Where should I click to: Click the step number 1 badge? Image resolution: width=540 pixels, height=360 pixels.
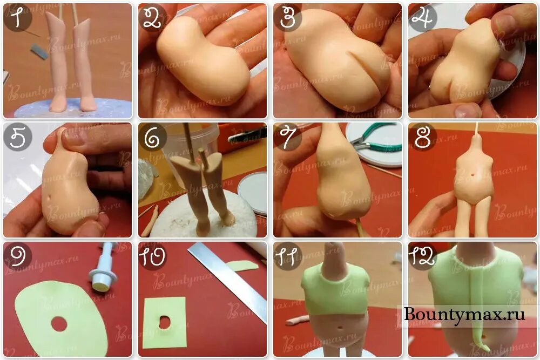coord(18,18)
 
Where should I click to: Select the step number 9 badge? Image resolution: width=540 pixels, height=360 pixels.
coord(18,256)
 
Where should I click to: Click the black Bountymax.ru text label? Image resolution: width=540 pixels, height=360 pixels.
coord(464,314)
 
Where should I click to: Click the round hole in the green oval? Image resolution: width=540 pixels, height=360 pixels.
coord(59,324)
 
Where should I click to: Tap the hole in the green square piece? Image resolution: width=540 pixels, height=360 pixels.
coord(165,322)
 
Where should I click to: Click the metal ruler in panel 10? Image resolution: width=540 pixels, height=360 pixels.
coord(228,282)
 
